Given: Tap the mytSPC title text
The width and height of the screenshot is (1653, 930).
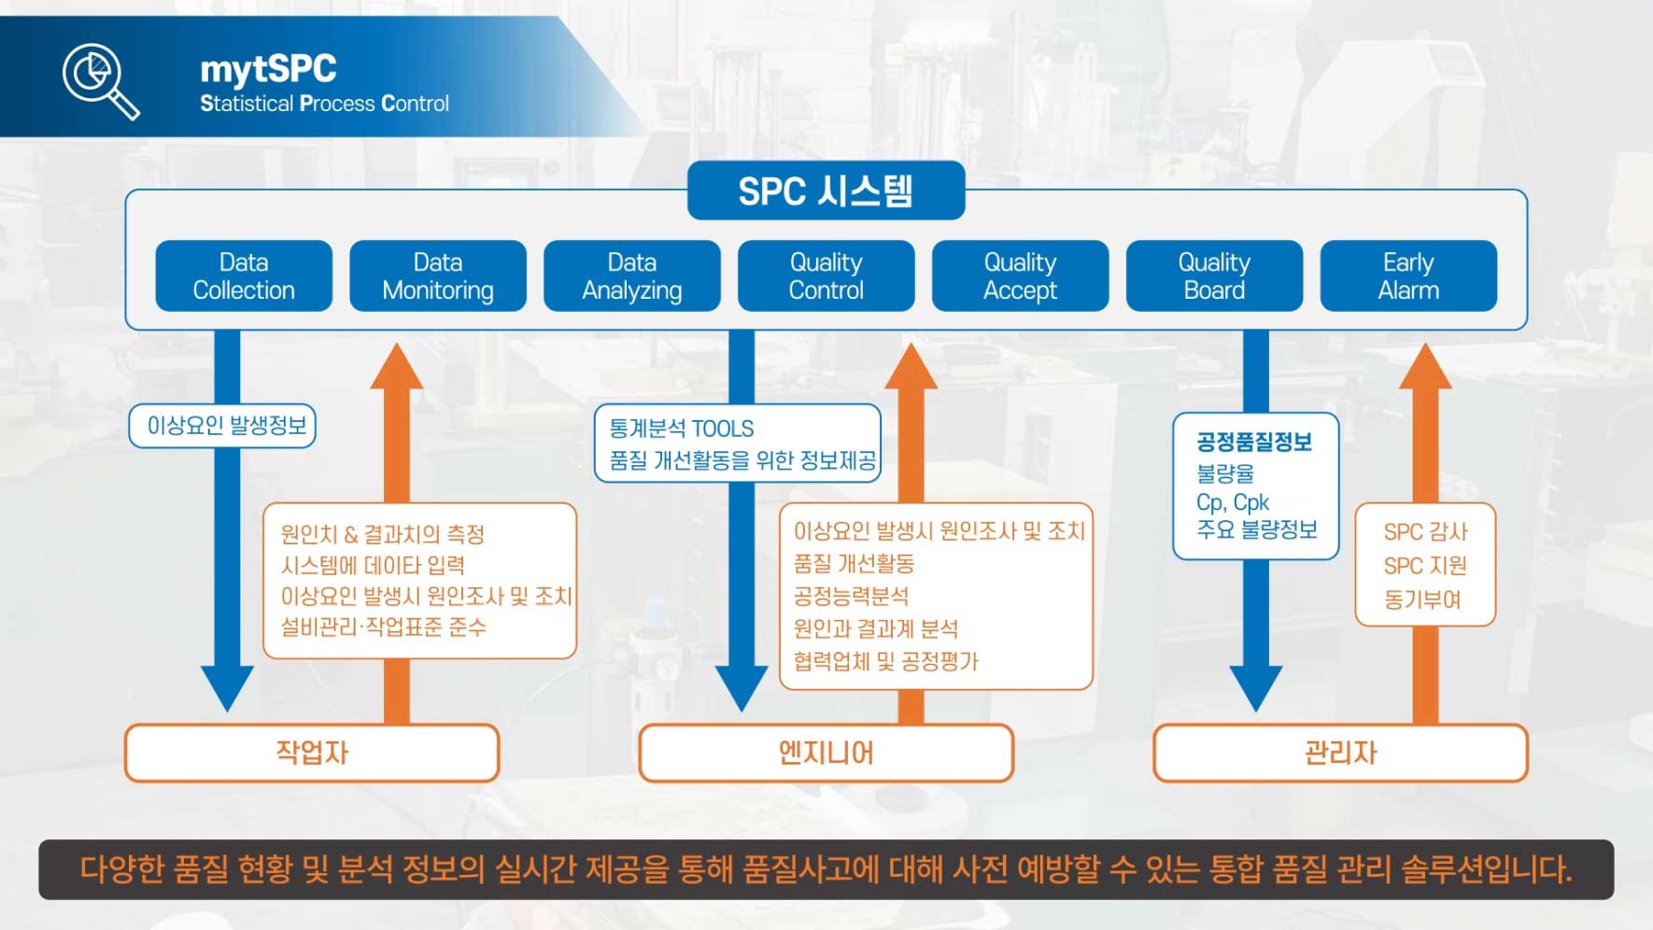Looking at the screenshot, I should [268, 69].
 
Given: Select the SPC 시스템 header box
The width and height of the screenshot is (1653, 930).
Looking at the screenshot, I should [826, 191].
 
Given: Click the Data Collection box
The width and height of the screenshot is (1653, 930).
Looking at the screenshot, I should [244, 276].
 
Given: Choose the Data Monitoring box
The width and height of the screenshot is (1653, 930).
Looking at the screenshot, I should [438, 276].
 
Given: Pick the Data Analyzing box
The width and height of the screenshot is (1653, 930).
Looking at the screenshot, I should [632, 276].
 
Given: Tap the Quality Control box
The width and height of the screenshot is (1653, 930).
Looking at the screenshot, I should [826, 276].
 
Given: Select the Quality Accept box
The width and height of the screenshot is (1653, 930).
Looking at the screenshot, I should [1020, 276].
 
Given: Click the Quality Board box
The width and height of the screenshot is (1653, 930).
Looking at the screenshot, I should [1214, 276].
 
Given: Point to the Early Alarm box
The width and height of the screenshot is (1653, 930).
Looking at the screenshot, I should [1408, 276].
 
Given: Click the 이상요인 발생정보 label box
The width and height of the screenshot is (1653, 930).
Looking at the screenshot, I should [223, 426].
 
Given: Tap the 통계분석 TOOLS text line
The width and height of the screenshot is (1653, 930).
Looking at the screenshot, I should [682, 429].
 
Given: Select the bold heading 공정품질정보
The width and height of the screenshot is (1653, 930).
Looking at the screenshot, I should [1254, 442].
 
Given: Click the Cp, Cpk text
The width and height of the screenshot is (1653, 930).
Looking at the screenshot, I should [1233, 502].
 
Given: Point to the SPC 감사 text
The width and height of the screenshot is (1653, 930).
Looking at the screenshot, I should [1425, 532].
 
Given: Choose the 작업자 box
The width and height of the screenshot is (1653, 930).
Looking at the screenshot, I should [312, 753].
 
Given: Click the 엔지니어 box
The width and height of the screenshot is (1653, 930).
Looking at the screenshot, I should [826, 753].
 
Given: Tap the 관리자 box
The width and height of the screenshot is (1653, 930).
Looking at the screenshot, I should [1340, 753].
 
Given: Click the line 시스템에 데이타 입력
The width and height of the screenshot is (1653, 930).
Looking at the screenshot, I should [373, 565].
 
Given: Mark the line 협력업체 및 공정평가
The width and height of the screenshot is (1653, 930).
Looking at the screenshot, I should [885, 661].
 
